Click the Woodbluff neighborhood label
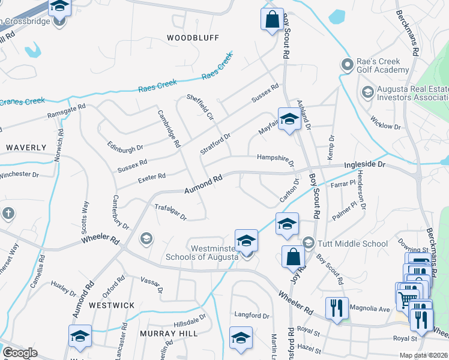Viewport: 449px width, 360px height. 193,37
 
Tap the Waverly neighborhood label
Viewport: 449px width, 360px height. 25,147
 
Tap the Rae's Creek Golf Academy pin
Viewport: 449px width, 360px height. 346,64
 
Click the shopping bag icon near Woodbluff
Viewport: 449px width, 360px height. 272,19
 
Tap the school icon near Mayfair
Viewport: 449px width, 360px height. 289,118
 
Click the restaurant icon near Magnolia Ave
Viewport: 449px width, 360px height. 337,308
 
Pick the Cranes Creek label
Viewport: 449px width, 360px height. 22,101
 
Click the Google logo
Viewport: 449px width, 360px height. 20,353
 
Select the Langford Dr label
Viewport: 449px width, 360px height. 252,315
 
